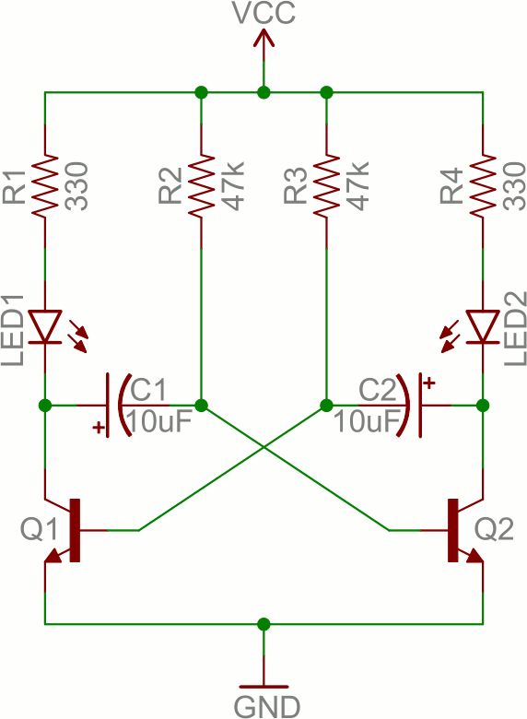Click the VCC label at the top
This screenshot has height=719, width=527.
pyautogui.click(x=263, y=14)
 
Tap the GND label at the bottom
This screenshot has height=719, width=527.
pyautogui.click(x=266, y=706)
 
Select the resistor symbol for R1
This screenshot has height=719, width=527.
pyautogui.click(x=44, y=188)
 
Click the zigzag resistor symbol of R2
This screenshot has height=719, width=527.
pyautogui.click(x=201, y=188)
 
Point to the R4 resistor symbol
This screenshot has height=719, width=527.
pyautogui.click(x=483, y=188)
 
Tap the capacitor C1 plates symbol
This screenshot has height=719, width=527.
pyautogui.click(x=115, y=405)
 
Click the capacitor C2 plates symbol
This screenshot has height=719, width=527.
pyautogui.click(x=412, y=405)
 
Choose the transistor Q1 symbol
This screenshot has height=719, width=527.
pyautogui.click(x=64, y=530)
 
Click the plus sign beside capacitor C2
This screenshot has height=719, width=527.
pyautogui.click(x=428, y=380)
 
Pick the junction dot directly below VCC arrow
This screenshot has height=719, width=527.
pyautogui.click(x=264, y=92)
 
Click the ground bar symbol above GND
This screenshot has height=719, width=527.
pyautogui.click(x=264, y=687)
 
